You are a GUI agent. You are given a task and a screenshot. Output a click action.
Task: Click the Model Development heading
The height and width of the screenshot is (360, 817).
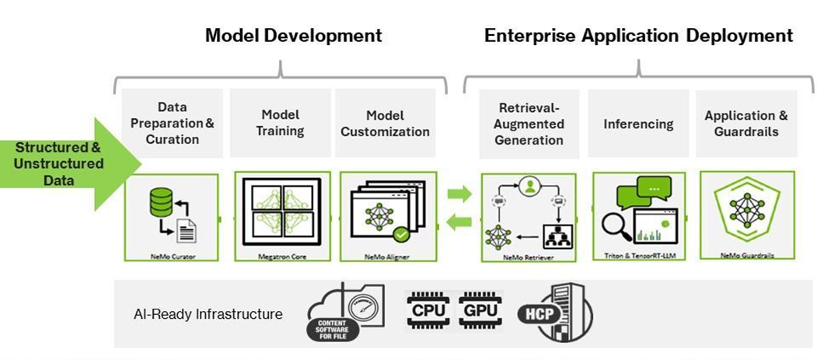coord(293,35)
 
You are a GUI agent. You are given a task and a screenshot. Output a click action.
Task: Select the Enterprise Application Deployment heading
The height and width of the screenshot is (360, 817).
coord(638,35)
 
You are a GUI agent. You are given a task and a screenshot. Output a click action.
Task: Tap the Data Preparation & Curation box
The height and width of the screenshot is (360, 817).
coord(172,123)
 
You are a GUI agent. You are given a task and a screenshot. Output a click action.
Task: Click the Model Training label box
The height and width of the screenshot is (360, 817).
coord(280,123)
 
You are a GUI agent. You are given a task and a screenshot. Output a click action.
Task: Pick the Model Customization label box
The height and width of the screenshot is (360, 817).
coord(385,123)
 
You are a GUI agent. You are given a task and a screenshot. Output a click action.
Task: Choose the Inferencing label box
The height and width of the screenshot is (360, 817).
coord(638,124)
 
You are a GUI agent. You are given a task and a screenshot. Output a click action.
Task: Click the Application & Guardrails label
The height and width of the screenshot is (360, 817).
coord(745,124)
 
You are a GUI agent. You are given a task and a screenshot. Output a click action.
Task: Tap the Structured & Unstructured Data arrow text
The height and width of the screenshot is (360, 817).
coord(59,164)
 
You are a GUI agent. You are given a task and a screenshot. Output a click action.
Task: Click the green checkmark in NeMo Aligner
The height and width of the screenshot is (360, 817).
coord(400,233)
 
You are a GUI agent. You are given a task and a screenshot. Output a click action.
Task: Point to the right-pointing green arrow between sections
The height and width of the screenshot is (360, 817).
coord(459,194)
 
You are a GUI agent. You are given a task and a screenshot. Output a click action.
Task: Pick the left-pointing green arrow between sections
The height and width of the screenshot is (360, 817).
coord(459,222)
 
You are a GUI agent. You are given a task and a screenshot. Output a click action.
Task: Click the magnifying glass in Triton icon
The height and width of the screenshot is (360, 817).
coord(616,226)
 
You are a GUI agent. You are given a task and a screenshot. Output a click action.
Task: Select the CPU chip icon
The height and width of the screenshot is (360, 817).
coord(428,309)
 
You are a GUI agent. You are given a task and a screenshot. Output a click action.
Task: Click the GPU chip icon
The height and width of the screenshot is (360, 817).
coord(480,309)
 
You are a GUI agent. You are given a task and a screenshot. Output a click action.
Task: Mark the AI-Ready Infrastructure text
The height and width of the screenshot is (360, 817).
coord(208,314)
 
